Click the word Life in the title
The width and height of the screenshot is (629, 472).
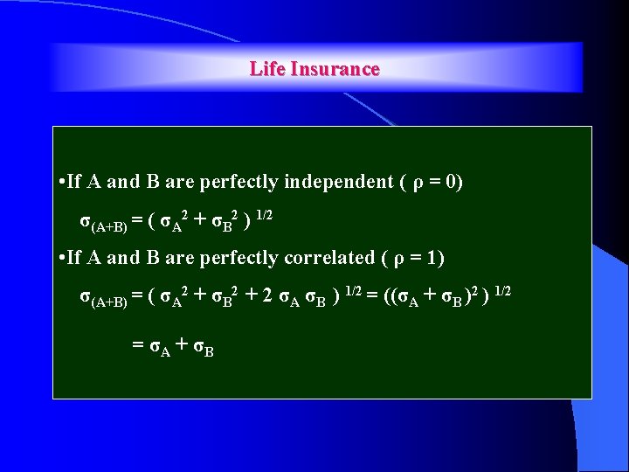(265, 69)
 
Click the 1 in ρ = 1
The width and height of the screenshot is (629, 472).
(433, 258)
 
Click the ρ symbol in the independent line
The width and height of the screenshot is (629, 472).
(416, 184)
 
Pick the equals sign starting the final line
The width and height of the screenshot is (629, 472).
(137, 345)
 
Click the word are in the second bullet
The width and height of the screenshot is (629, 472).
(181, 259)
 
